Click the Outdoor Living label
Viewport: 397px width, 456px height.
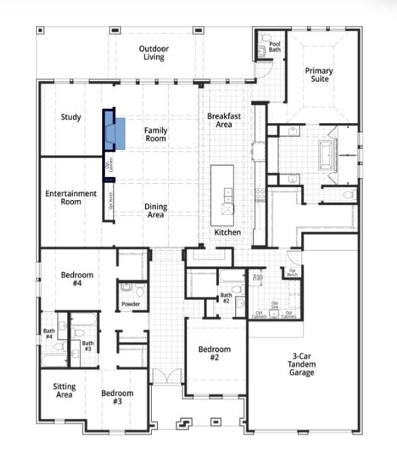coord(153,52)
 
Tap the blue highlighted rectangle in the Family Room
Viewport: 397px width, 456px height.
coord(115,132)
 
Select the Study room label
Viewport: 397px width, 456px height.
coord(71,117)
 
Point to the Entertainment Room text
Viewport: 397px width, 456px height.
coord(71,198)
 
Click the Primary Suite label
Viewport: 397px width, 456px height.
coord(319,74)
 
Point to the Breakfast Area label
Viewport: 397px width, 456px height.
coord(224,119)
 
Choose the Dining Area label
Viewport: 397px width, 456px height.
coord(155,210)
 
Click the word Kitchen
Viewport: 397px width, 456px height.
coord(227,232)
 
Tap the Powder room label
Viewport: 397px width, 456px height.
coord(131,305)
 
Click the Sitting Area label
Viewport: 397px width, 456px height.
coord(65,390)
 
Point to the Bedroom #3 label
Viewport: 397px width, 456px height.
coord(117,397)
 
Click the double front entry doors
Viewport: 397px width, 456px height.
coord(166,376)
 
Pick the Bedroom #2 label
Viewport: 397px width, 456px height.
coord(214,353)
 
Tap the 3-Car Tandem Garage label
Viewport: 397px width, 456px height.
coord(301,364)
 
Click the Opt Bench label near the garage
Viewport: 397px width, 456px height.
coord(291,271)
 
